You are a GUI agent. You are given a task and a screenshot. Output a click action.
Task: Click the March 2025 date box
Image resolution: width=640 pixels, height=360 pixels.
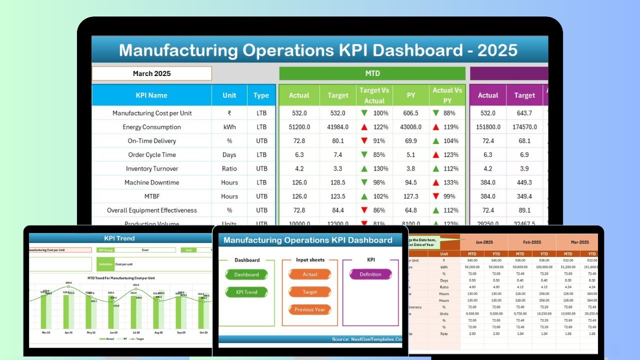tap(151, 73)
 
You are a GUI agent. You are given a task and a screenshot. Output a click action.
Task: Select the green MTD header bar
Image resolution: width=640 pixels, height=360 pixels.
tap(372, 73)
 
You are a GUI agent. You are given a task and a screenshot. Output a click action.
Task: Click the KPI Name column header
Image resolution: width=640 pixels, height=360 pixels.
tap(151, 95)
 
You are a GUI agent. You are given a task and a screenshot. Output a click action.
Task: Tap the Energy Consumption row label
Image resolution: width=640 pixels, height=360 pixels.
tap(151, 127)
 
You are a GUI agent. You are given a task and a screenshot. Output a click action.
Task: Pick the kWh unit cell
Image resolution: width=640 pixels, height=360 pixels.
tap(229, 127)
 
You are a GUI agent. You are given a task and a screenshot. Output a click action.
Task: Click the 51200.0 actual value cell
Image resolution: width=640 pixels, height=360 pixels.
tap(299, 127)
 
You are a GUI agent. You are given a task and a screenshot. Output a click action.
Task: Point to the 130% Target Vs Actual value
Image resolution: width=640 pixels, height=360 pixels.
tap(380, 169)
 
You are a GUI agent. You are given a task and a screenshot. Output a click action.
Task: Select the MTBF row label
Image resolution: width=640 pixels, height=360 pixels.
tap(151, 196)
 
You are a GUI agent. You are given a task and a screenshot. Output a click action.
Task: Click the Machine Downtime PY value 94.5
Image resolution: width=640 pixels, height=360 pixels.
tap(410, 182)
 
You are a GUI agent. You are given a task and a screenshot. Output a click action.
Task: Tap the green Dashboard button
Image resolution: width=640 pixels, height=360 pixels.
tap(246, 274)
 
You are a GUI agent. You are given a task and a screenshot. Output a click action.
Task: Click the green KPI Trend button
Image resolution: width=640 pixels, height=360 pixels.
tap(246, 292)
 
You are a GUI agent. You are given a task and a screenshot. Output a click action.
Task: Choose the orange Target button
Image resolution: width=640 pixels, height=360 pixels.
tap(310, 292)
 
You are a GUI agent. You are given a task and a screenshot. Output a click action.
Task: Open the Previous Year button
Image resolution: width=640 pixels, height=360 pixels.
tap(310, 309)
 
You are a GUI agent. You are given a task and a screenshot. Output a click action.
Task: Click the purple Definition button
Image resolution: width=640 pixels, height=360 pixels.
tap(370, 274)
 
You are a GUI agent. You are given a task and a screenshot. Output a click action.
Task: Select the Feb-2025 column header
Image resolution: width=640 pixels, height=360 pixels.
tap(532, 241)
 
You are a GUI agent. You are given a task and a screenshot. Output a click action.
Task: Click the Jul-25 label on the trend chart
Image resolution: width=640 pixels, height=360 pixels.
tap(135, 332)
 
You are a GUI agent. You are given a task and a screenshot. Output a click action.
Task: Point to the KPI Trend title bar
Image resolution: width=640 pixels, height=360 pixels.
tap(119, 238)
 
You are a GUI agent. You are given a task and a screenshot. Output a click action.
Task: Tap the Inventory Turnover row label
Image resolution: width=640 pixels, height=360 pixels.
tap(151, 169)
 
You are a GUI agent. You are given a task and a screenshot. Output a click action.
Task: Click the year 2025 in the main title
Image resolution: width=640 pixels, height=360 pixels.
tap(497, 50)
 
